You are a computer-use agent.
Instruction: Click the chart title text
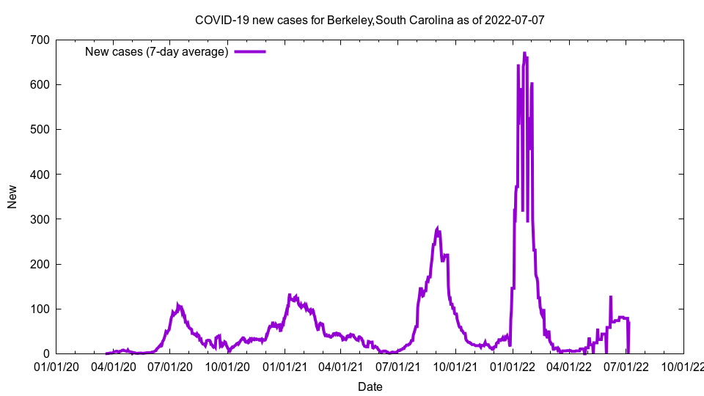click(370, 20)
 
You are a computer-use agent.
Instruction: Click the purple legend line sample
click(250, 52)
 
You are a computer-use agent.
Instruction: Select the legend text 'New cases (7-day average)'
click(156, 52)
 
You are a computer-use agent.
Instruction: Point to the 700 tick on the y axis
click(40, 40)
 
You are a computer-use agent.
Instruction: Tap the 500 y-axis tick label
click(40, 130)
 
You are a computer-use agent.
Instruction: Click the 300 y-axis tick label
click(40, 219)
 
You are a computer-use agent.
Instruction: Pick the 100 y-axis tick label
click(40, 309)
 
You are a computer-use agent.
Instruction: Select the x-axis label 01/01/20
click(56, 364)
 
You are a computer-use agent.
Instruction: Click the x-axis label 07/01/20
click(170, 364)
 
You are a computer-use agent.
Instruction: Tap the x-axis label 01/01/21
click(285, 364)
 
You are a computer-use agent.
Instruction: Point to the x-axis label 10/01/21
click(455, 364)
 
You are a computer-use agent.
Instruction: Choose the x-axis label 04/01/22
click(569, 364)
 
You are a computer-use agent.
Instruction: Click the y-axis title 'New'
click(12, 197)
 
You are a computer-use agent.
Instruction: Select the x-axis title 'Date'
click(370, 386)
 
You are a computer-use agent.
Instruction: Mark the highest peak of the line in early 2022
click(524, 53)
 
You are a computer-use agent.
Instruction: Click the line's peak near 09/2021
click(438, 229)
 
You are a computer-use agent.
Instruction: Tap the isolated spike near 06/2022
click(610, 297)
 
